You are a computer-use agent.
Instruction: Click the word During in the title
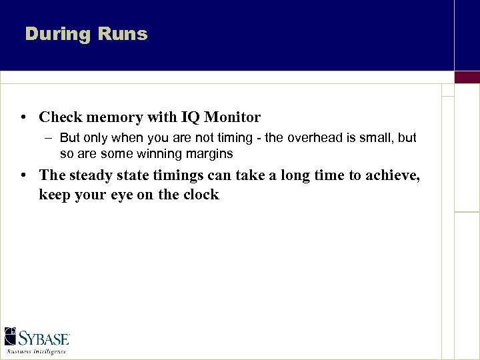[x=56, y=34]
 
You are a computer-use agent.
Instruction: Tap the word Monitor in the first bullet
[x=233, y=117]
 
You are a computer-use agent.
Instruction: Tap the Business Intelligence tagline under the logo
[x=37, y=351]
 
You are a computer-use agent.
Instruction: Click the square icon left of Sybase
[x=10, y=336]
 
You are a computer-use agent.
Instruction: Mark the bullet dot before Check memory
[x=23, y=118]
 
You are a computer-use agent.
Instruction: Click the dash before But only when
[x=50, y=138]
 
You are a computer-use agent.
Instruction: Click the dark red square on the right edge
[x=467, y=77]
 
